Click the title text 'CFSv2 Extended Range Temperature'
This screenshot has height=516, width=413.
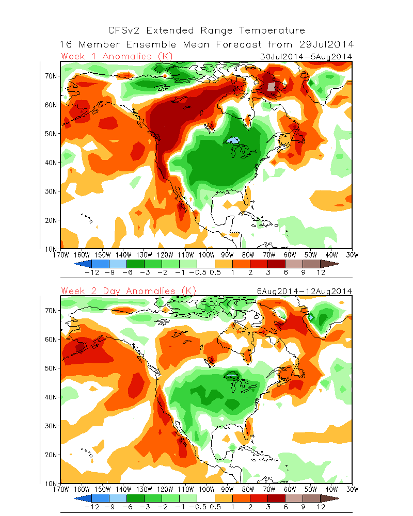[x=206, y=31]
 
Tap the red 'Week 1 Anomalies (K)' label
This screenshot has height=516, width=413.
[x=117, y=56]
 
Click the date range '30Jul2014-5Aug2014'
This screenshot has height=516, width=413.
[x=306, y=57]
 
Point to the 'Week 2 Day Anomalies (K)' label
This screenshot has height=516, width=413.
[x=129, y=291]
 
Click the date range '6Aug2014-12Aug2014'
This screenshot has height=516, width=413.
[x=305, y=292]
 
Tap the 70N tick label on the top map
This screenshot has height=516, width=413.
[x=52, y=76]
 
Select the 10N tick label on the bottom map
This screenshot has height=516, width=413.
[x=52, y=483]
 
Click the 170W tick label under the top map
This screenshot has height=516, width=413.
[x=61, y=254]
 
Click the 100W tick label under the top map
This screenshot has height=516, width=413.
[x=206, y=254]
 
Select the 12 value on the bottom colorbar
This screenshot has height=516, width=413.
[x=321, y=507]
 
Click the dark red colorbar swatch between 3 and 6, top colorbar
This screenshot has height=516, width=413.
[x=277, y=263]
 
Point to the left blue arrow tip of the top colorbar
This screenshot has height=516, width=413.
[x=76, y=263]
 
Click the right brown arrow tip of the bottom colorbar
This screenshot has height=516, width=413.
[x=337, y=498]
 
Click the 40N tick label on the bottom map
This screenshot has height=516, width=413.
[x=52, y=397]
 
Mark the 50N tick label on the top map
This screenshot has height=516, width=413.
[x=52, y=134]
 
